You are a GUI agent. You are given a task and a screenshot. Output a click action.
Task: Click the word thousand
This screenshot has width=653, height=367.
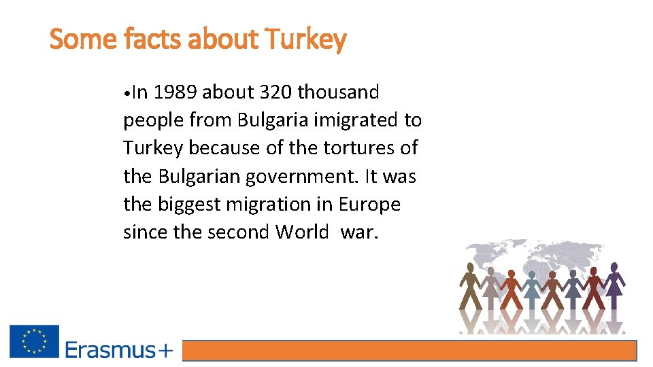click(x=339, y=92)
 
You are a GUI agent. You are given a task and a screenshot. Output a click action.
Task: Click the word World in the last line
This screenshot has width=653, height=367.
click(x=302, y=232)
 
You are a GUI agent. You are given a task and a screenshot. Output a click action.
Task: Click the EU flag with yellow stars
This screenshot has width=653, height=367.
click(x=34, y=341)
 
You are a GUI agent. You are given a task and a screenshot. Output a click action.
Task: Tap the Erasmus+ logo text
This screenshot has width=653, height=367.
click(x=119, y=350)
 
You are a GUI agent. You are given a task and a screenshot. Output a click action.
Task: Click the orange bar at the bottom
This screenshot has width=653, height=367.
click(x=409, y=351)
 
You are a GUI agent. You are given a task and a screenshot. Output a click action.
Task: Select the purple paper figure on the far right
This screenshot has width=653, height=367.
click(x=614, y=285)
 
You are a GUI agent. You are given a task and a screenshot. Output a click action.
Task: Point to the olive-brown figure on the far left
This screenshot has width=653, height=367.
click(x=469, y=285)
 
